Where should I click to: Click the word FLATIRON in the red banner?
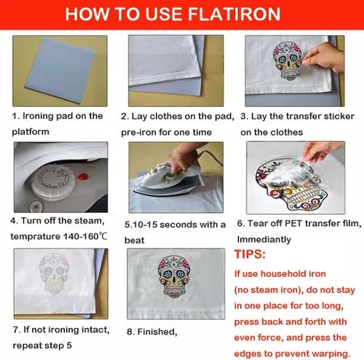pyautogui.click(x=234, y=14)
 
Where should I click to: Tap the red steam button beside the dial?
pyautogui.click(x=83, y=176)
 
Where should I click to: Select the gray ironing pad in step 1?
pyautogui.click(x=60, y=70)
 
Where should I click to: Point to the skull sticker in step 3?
pyautogui.click(x=288, y=60)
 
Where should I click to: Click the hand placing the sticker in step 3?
pyautogui.click(x=324, y=58)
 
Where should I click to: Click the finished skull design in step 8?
pyautogui.click(x=174, y=276)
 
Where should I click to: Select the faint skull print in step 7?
pyautogui.click(x=54, y=273)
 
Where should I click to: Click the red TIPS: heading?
pyautogui.click(x=250, y=254)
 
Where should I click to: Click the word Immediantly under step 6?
pyautogui.click(x=264, y=240)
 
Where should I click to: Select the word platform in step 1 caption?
pyautogui.click(x=31, y=132)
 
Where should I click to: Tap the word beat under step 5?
pyautogui.click(x=135, y=240)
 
